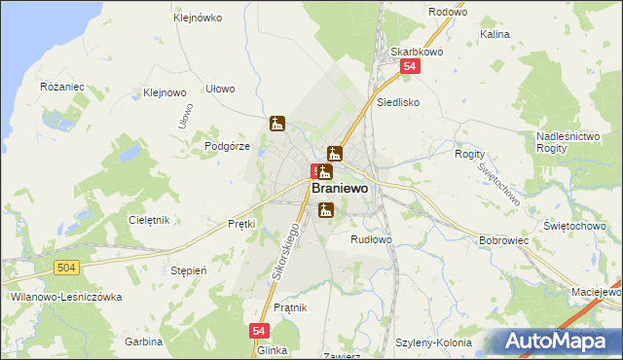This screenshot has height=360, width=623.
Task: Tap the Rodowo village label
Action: pyautogui.click(x=448, y=12)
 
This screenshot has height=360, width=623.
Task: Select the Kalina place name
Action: pyautogui.click(x=495, y=34)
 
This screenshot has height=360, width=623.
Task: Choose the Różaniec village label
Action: pyautogui.click(x=62, y=87)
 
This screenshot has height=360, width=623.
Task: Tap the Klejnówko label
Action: pyautogui.click(x=197, y=18)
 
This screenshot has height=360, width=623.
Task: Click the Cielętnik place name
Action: pyautogui.click(x=150, y=220)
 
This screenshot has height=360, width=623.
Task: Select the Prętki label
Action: pyautogui.click(x=240, y=224)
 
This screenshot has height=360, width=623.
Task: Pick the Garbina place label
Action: pyautogui.click(x=143, y=342)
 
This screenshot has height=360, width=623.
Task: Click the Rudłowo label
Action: pyautogui.click(x=371, y=238)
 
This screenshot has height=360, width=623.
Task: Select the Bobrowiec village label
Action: pyautogui.click(x=503, y=239)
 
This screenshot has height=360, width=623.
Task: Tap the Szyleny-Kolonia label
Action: pyautogui.click(x=433, y=342)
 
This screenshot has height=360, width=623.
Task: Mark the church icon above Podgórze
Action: pyautogui.click(x=277, y=124)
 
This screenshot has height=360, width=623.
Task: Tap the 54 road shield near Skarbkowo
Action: pyautogui.click(x=411, y=66)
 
